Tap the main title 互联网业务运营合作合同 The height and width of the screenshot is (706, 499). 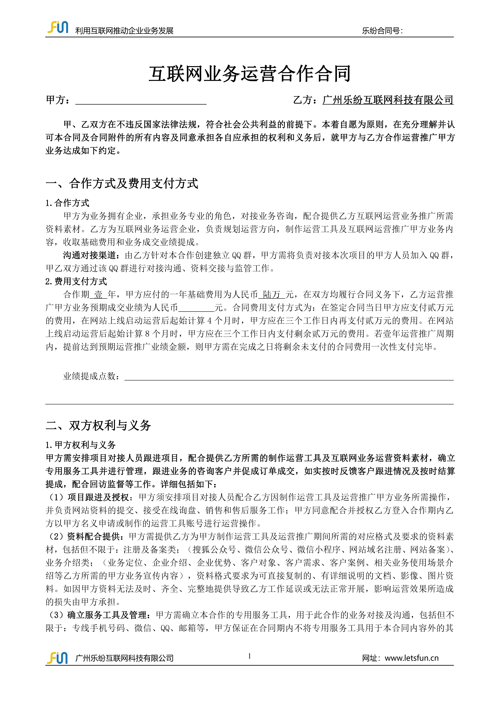click(x=249, y=74)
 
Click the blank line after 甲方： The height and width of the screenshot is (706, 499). click(x=141, y=101)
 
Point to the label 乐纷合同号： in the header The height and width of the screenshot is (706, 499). click(x=382, y=31)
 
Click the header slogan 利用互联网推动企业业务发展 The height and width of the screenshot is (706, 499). click(x=124, y=31)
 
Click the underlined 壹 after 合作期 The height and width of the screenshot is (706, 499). click(x=98, y=295)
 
